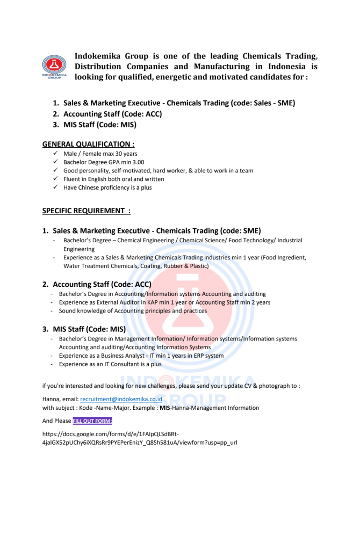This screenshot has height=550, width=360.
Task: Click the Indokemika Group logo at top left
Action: pos(54,67)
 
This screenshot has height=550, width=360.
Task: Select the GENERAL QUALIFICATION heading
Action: pos(88,144)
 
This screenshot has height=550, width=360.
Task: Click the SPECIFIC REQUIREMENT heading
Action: pos(86,211)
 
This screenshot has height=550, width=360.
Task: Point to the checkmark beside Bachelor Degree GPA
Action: pos(56,162)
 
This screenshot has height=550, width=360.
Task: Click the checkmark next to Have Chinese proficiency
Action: pos(56,187)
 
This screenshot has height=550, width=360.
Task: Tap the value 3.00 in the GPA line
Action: pos(136,162)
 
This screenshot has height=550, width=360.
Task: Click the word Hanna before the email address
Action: pos(51,399)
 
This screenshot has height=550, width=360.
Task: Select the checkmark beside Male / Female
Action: pos(56,153)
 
